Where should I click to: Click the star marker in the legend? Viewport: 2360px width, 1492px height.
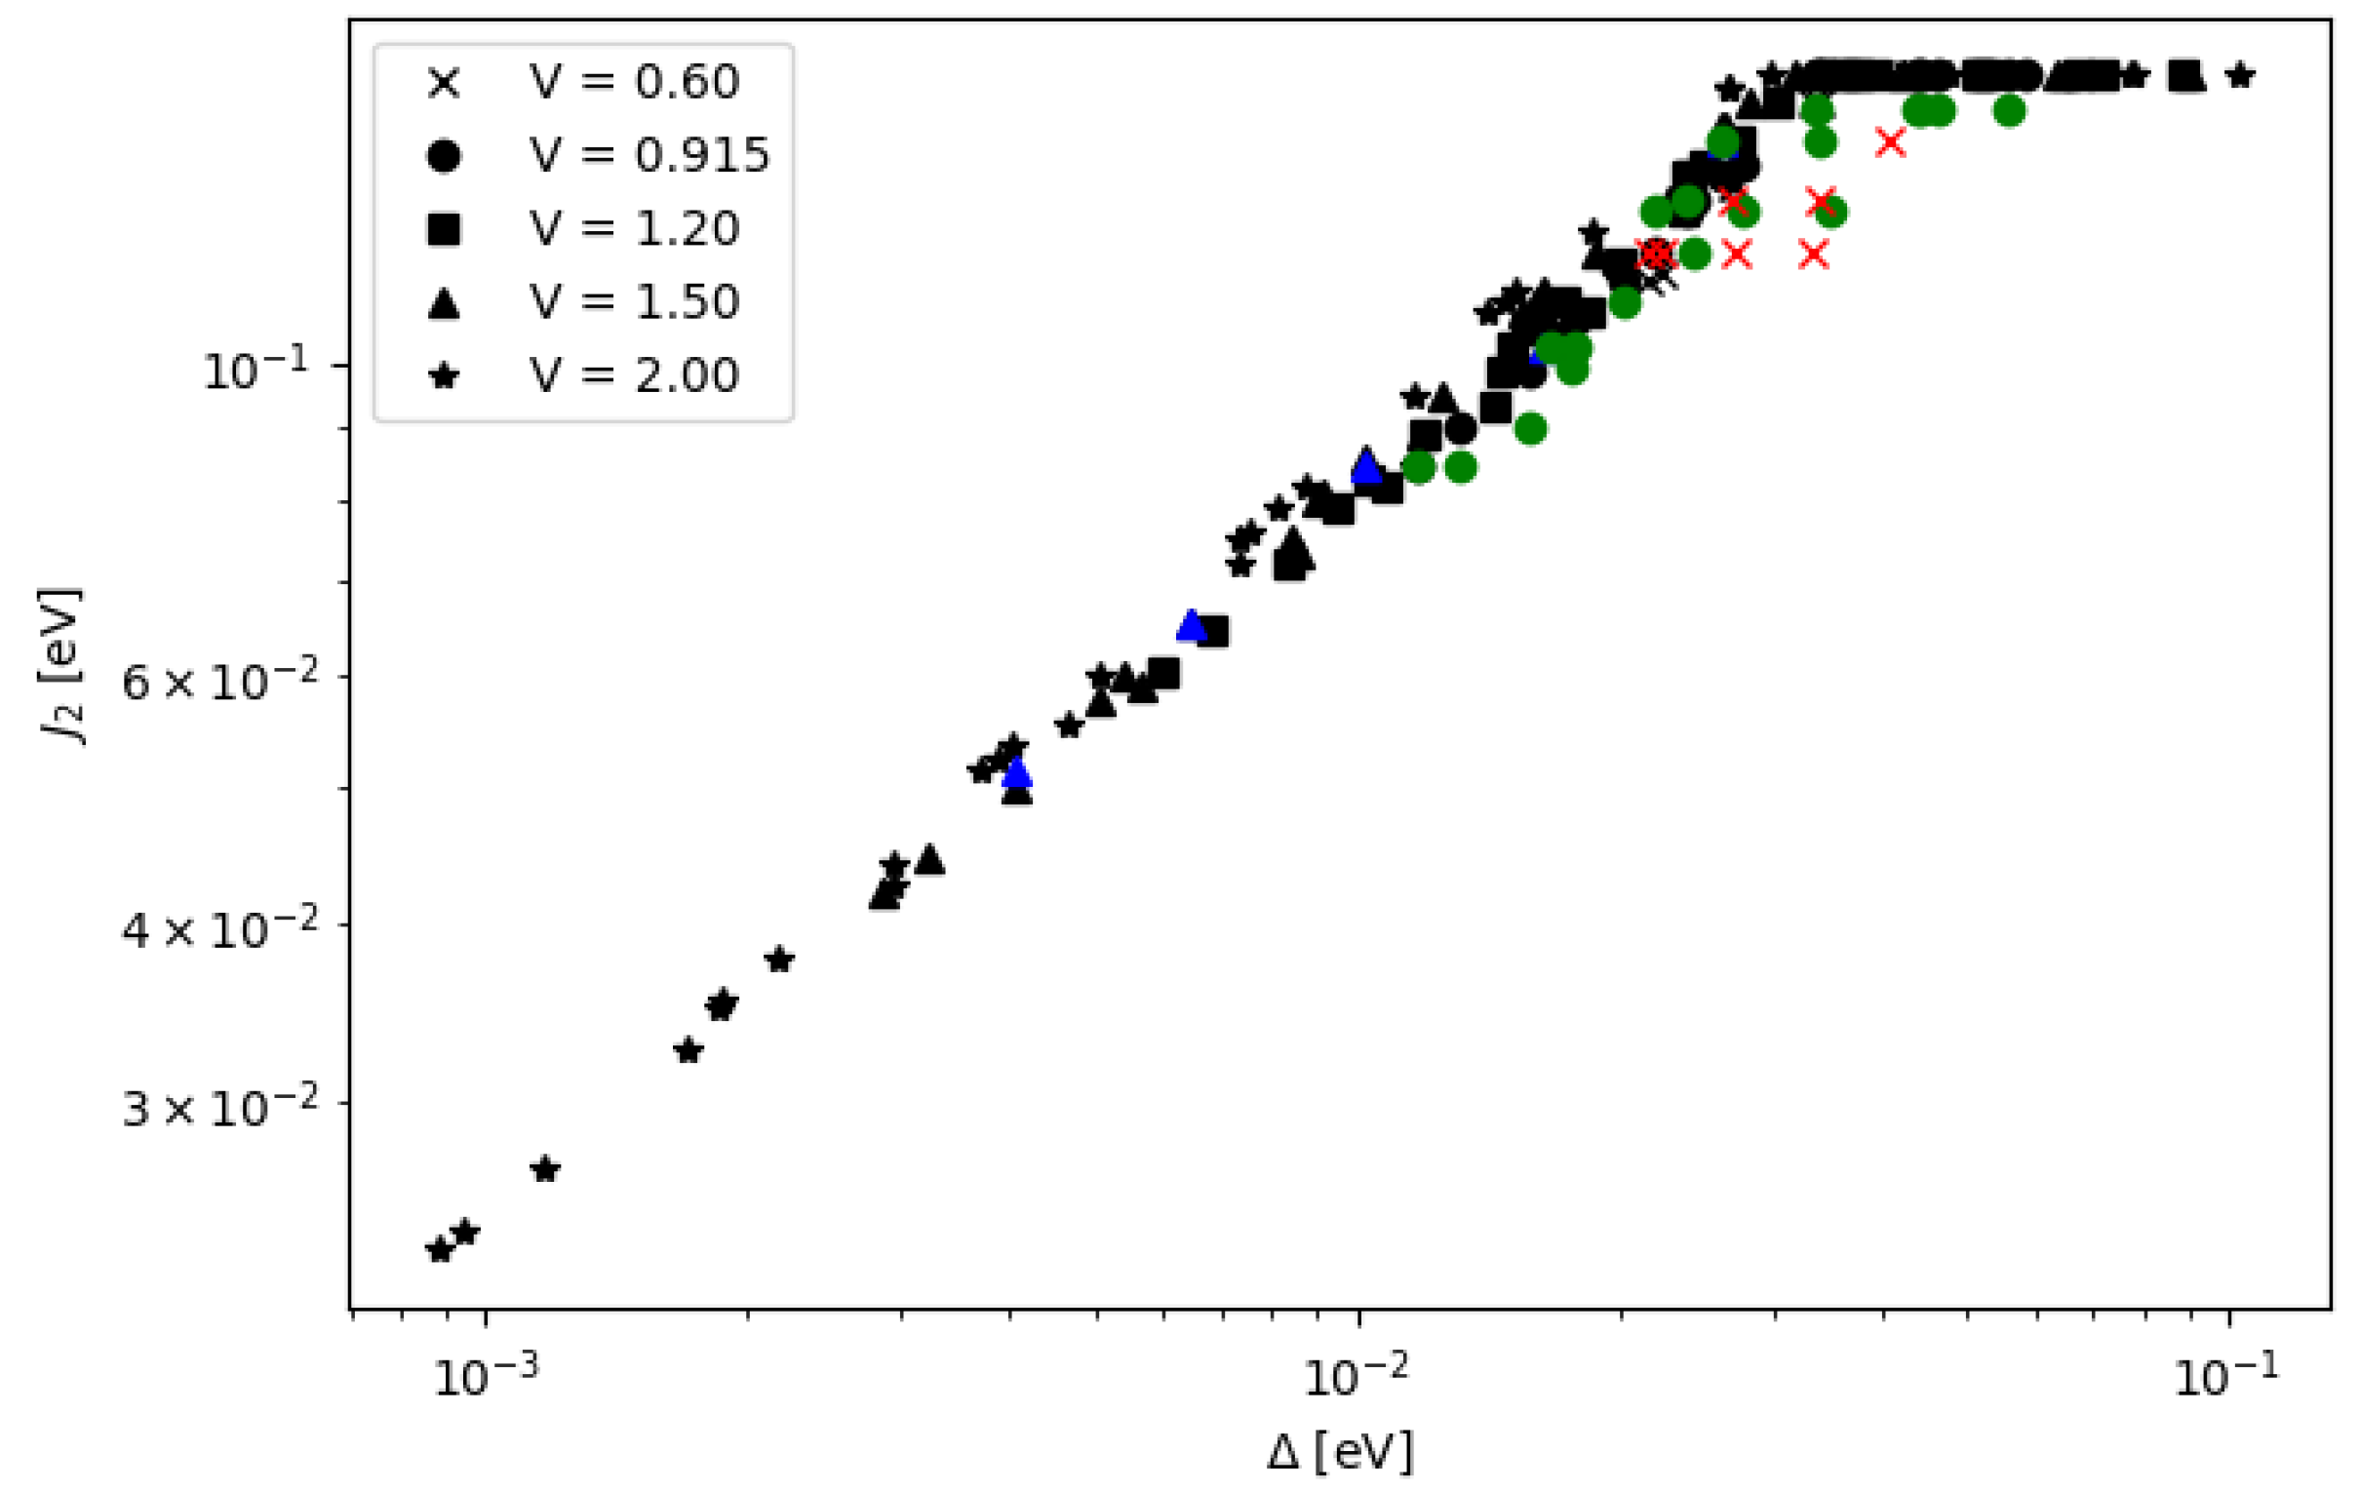[445, 375]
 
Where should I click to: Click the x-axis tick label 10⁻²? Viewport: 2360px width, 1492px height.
[1357, 1377]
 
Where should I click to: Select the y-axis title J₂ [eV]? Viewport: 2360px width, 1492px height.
[60, 667]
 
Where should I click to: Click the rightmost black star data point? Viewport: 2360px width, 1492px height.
[2240, 75]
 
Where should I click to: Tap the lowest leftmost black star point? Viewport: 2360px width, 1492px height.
[440, 1250]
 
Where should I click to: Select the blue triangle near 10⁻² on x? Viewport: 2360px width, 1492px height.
[1366, 468]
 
